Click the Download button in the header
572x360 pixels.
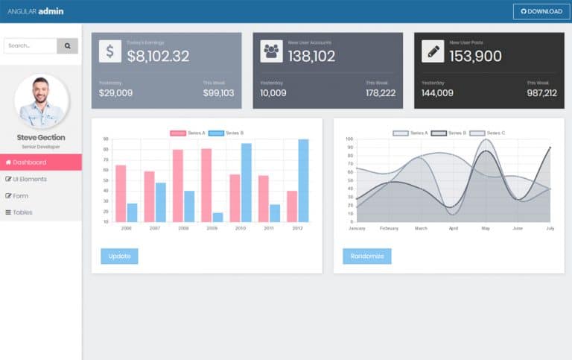click(x=541, y=11)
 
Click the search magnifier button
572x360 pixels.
click(x=68, y=45)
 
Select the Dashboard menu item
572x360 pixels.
click(x=41, y=162)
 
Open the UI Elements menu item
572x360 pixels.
click(x=41, y=179)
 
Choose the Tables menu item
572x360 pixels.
click(x=41, y=212)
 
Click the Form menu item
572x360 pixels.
click(x=41, y=196)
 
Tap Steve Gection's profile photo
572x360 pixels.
click(x=41, y=101)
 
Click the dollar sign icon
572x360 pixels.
click(x=109, y=51)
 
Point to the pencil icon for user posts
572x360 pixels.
click(x=433, y=51)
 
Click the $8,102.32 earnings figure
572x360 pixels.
click(x=158, y=56)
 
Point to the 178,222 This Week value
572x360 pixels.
click(x=381, y=93)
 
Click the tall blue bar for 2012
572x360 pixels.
click(x=303, y=180)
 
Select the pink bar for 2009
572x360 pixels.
click(x=206, y=185)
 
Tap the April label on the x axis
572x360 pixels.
click(x=454, y=228)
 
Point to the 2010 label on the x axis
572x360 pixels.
click(x=241, y=228)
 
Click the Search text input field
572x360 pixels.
click(x=31, y=45)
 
